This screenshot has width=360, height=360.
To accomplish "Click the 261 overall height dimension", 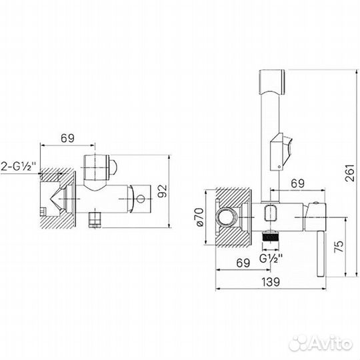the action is point(350,173).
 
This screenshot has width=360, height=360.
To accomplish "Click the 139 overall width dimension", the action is point(271,282).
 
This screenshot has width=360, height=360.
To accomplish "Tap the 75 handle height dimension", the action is point(339,247).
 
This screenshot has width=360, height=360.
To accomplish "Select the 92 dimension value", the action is point(163,191).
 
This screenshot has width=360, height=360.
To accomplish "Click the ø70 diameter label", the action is point(199,217).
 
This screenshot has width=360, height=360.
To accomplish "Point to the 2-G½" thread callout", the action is point(19,166).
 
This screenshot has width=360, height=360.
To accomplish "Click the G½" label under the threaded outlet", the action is point(271,258).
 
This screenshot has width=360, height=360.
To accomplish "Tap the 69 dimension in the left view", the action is point(67,138).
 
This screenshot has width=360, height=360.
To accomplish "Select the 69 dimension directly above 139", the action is point(243,263).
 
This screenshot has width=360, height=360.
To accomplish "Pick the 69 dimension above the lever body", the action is point(297,183).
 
